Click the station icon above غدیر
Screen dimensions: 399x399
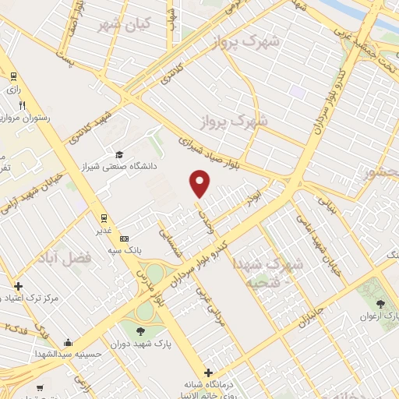(x=102, y=217)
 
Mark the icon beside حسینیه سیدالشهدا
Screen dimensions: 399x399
(x=69, y=341)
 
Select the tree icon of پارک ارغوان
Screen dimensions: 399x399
(x=380, y=304)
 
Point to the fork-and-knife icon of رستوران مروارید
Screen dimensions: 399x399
(x=23, y=105)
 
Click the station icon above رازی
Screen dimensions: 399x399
(x=13, y=76)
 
